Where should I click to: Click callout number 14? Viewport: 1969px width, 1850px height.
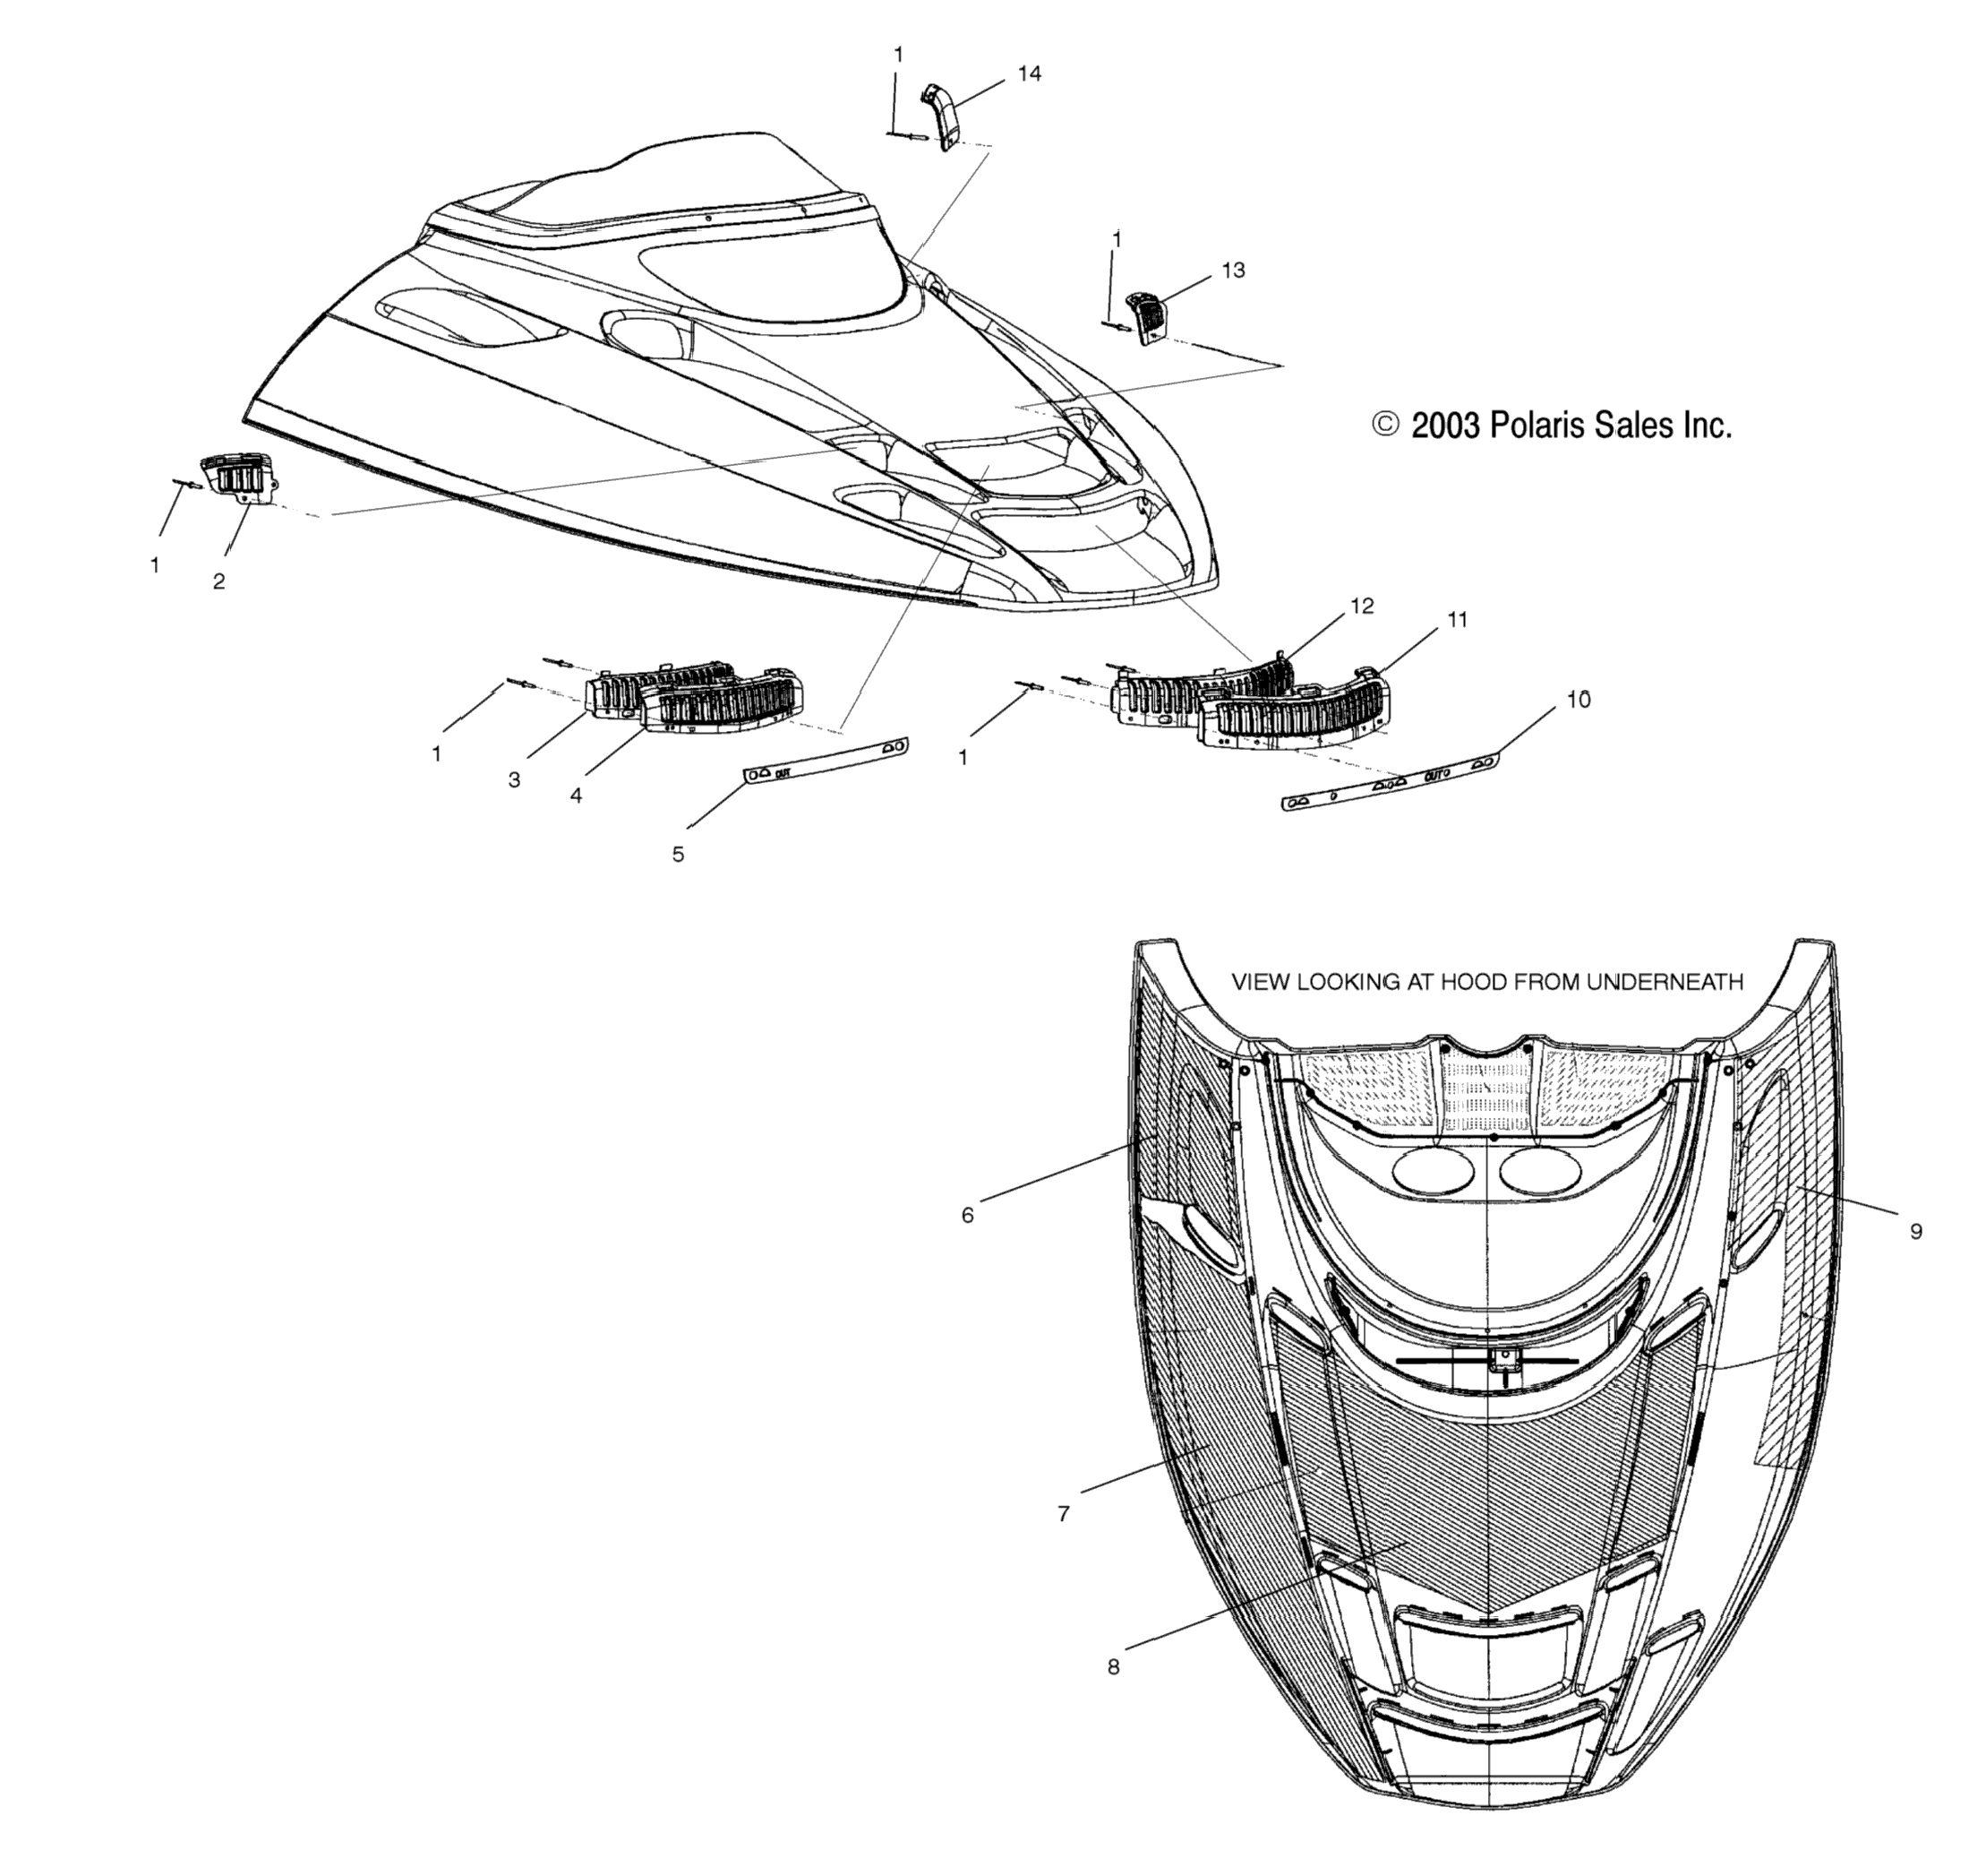(x=1029, y=73)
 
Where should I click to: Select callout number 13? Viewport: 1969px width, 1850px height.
(x=1233, y=270)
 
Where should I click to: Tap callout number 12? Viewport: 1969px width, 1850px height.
(x=1362, y=606)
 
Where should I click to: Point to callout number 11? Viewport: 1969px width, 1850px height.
(x=1457, y=619)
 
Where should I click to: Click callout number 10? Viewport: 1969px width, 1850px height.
(x=1579, y=700)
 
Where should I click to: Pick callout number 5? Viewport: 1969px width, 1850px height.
(x=678, y=854)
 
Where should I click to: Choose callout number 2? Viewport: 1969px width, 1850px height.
(x=218, y=581)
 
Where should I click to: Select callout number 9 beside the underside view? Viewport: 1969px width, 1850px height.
(x=1915, y=1231)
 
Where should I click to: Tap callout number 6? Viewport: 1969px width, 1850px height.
(x=968, y=1215)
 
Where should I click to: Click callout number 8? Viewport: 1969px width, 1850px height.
(x=1113, y=1666)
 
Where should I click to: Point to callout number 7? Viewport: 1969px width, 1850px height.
(x=1064, y=1513)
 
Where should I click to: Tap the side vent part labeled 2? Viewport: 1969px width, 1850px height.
(x=240, y=479)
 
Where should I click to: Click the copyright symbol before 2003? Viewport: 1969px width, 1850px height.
(x=1384, y=425)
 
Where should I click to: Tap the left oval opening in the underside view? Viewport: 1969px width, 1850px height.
(x=1434, y=1170)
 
